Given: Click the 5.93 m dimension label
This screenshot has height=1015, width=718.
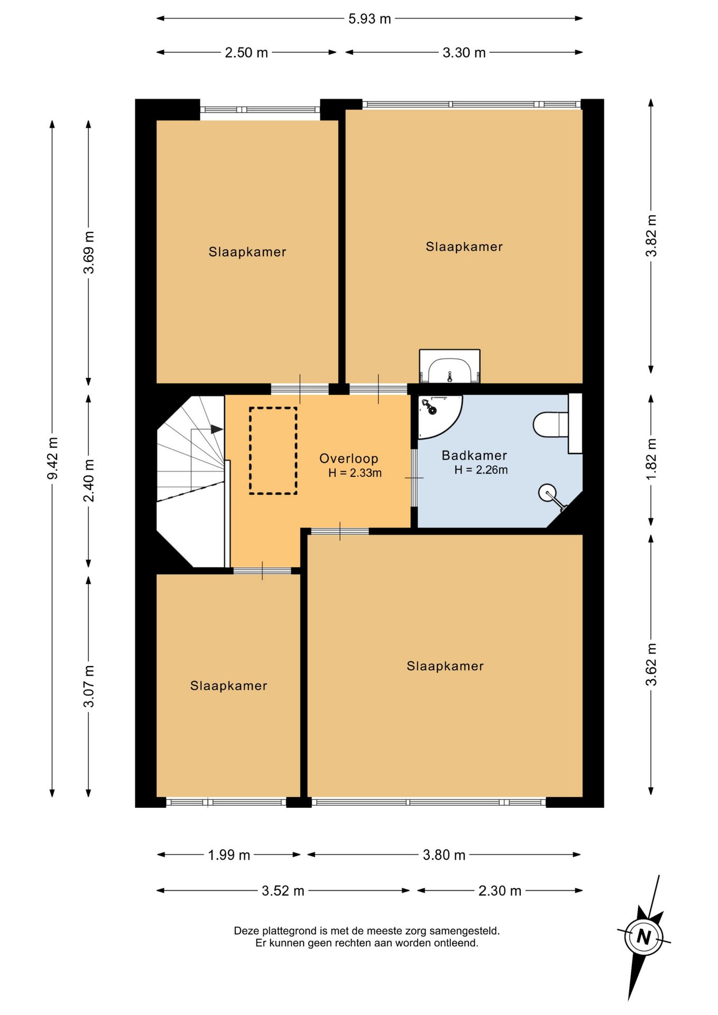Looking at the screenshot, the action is tap(370, 19).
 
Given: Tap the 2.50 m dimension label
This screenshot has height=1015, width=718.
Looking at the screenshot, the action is tap(246, 53).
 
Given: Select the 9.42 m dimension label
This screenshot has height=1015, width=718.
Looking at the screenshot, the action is tap(53, 458).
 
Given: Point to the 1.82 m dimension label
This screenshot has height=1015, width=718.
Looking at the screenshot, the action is tap(651, 459).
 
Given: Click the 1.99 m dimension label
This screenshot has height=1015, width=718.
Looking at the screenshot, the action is tap(229, 855).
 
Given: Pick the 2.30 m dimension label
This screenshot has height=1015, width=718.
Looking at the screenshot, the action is tap(500, 891).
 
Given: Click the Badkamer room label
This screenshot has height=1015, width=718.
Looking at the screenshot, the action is tap(474, 455).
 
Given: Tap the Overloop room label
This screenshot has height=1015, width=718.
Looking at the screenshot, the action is tap(348, 459).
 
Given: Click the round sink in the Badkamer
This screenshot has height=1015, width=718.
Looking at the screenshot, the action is tap(548, 493).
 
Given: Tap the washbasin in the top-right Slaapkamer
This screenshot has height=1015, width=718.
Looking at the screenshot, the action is tap(449, 366).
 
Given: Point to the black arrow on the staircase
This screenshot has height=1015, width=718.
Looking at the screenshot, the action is tap(217, 429).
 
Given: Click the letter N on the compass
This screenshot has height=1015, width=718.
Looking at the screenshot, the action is tap(643, 936).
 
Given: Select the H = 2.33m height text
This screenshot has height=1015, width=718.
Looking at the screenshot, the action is tap(355, 473).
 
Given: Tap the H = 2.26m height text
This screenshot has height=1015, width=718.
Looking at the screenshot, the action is tap(481, 470).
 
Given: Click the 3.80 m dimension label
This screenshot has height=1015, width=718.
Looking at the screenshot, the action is tap(444, 855).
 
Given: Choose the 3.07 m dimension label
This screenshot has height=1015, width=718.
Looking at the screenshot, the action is tap(89, 686).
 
